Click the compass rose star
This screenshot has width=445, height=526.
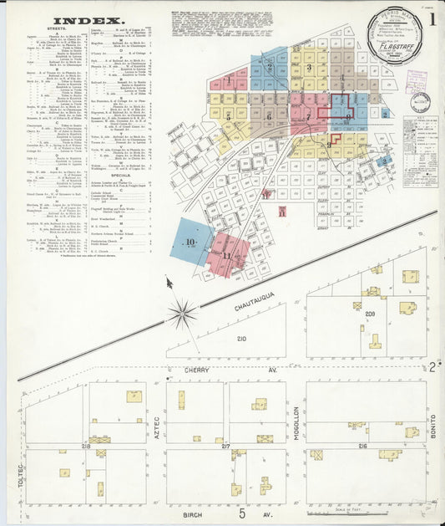tap(181, 314)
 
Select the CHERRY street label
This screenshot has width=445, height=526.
tap(198, 369)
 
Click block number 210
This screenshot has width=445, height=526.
tap(241, 339)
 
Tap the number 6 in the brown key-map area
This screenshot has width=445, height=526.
tap(269, 115)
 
